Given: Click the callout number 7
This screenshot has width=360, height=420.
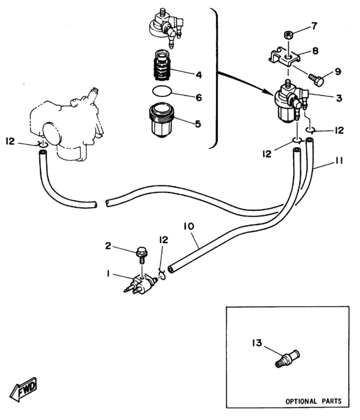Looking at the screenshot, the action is [314, 26].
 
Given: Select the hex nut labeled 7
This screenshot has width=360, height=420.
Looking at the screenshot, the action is [288, 35].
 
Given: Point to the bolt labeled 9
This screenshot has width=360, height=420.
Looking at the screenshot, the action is [316, 80].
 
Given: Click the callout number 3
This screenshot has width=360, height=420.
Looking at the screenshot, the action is [339, 98].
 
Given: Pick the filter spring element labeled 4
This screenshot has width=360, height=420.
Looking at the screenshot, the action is [162, 66].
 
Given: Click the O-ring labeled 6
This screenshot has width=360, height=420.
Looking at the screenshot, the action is [161, 91].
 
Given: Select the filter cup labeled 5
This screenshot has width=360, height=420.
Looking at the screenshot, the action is [161, 120].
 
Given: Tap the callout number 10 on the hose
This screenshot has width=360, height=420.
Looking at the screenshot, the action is [189, 226].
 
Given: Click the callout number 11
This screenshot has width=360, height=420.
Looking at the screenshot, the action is [339, 161].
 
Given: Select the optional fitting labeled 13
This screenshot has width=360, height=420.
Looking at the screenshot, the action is [288, 359].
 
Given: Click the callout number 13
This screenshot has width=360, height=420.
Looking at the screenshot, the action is [257, 343].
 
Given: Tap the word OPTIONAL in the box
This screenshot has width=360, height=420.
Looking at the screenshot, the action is [301, 401].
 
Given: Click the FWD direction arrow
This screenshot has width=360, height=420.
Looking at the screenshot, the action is [23, 390].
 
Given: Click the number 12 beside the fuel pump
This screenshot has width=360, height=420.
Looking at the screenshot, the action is [10, 141].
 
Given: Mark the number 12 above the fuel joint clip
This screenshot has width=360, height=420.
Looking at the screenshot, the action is [163, 239].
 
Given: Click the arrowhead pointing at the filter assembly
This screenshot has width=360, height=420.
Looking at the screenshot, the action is [269, 91].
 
